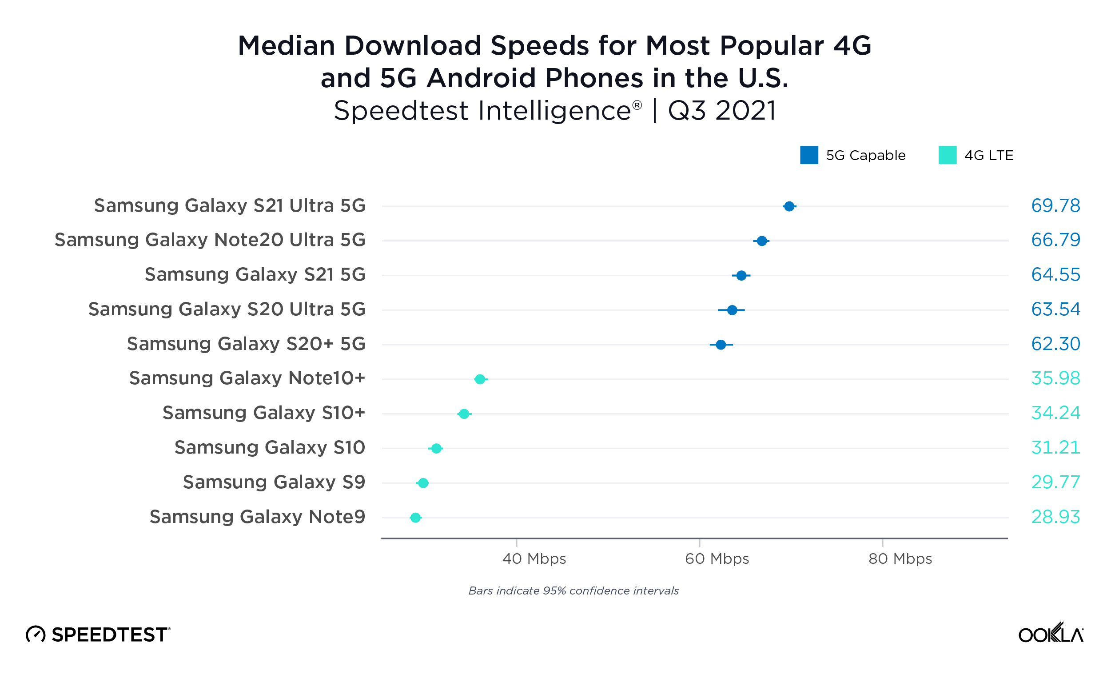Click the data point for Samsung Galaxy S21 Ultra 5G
pyautogui.click(x=788, y=206)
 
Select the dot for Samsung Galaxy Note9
pyautogui.click(x=415, y=518)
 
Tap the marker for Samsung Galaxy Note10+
pyautogui.click(x=480, y=379)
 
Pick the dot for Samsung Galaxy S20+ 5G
pyautogui.click(x=721, y=345)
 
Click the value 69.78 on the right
pyautogui.click(x=1055, y=206)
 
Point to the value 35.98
pyautogui.click(x=1055, y=378)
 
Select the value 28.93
pyautogui.click(x=1055, y=517)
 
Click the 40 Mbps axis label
pyautogui.click(x=534, y=558)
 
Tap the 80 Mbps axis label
pyautogui.click(x=900, y=558)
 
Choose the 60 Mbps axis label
pyautogui.click(x=717, y=558)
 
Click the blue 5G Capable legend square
pyautogui.click(x=809, y=155)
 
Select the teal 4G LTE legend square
pyautogui.click(x=947, y=155)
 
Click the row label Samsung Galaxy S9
pyautogui.click(x=274, y=482)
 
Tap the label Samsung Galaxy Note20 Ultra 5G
pyautogui.click(x=210, y=240)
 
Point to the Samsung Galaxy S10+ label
pyautogui.click(x=263, y=412)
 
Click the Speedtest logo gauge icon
pyautogui.click(x=36, y=635)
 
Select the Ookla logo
pyautogui.click(x=1051, y=633)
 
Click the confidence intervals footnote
pyautogui.click(x=573, y=591)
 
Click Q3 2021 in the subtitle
pyautogui.click(x=722, y=111)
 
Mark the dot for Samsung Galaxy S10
pyautogui.click(x=436, y=449)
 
